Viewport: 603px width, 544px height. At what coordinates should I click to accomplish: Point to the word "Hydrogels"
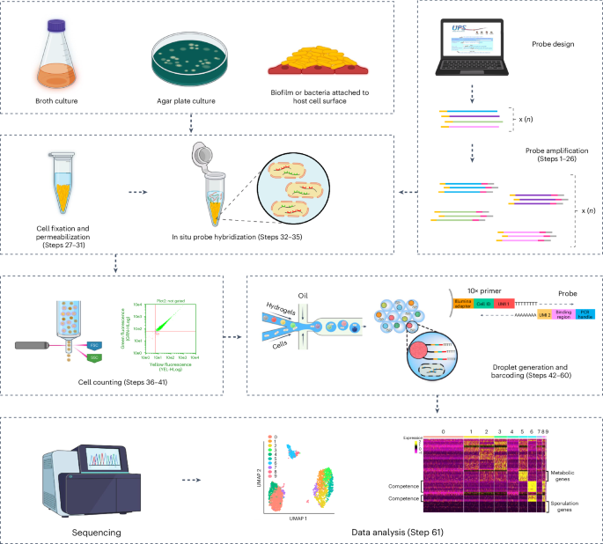coord(280,308)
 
